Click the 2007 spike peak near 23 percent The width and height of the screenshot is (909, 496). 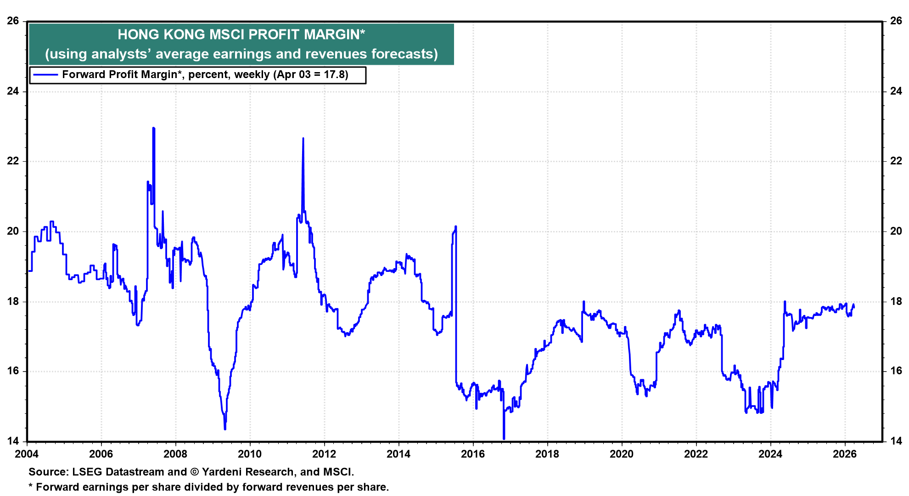point(153,128)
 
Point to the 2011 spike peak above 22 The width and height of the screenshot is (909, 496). point(303,138)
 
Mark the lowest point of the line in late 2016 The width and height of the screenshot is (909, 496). point(504,439)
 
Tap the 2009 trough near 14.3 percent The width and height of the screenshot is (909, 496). point(225,429)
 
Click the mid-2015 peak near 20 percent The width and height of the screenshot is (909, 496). point(455,226)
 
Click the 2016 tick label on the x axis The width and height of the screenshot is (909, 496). point(473,454)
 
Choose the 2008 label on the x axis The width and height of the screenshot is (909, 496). point(175,454)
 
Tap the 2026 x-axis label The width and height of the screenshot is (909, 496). point(845,454)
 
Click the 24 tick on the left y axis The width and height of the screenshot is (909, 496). point(13,91)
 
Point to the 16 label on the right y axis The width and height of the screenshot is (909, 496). point(896,371)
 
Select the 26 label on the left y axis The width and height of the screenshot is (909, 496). point(13,21)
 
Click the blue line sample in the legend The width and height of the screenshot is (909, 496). point(45,75)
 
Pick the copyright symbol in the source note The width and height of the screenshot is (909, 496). point(194,472)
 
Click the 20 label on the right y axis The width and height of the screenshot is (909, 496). point(896,231)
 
